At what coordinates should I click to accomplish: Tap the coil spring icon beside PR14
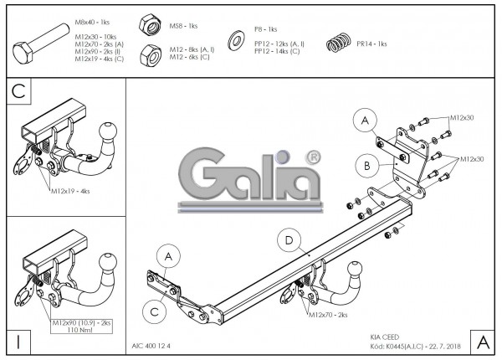click(336, 42)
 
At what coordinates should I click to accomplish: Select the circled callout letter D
click(289, 241)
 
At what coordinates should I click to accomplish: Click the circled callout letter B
click(366, 165)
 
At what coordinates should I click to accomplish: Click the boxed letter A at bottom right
click(481, 341)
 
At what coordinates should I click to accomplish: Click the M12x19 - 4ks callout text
click(69, 191)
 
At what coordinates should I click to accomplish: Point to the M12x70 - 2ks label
click(327, 315)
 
